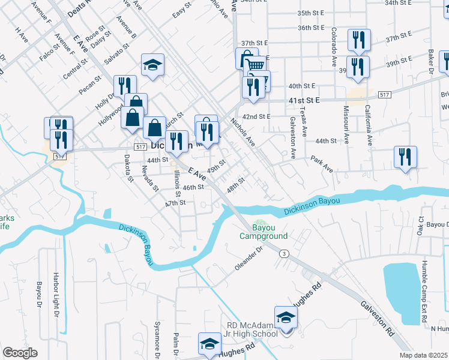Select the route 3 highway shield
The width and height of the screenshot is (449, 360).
[284, 254]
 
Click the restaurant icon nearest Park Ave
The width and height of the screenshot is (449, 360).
[406, 157]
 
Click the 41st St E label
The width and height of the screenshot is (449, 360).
[305, 101]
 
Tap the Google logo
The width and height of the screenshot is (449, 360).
[20, 353]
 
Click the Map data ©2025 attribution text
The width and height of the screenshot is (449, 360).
[423, 355]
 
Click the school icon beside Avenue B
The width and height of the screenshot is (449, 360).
[153, 65]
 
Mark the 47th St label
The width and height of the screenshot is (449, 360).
[176, 203]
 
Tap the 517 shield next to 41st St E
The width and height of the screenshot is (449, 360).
[385, 95]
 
